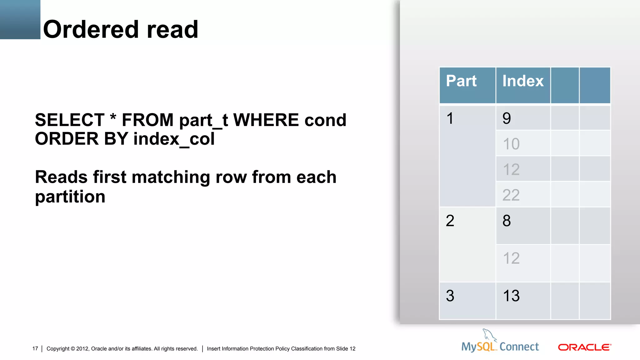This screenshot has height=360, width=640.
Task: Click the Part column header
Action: click(x=461, y=81)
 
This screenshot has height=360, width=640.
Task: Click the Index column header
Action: click(x=523, y=81)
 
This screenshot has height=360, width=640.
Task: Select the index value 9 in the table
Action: click(x=507, y=118)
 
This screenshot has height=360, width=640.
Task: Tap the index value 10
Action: click(x=511, y=144)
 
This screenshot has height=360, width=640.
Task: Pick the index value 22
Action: click(x=511, y=195)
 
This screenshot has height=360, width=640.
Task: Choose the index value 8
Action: click(x=507, y=221)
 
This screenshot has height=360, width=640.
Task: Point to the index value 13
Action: click(x=511, y=296)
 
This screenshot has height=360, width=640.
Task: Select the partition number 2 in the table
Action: click(x=450, y=221)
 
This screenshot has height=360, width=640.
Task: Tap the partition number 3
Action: click(x=450, y=296)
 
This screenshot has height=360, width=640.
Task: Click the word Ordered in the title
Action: click(x=91, y=29)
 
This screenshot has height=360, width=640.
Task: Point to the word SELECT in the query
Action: click(x=70, y=120)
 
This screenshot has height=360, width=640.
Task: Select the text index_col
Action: click(x=174, y=139)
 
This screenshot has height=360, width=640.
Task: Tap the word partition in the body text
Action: click(x=70, y=197)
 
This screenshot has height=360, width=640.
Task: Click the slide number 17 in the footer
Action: click(x=35, y=349)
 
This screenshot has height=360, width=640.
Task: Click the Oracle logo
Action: click(x=584, y=347)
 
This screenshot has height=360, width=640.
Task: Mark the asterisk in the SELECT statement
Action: click(x=113, y=117)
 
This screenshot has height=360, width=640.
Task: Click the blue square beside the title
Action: click(x=20, y=19)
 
